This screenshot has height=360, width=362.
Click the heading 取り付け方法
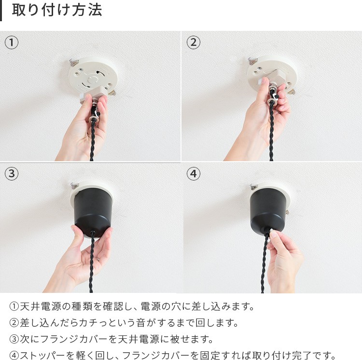[x=57, y=10]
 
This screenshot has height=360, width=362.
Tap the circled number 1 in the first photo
[x=11, y=42]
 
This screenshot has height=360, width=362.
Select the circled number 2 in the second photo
[x=193, y=42]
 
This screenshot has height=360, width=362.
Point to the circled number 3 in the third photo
[x=11, y=174]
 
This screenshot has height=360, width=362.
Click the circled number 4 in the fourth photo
[x=193, y=174]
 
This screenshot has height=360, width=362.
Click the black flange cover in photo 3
[x=93, y=211]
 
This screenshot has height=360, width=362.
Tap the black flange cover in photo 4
[x=268, y=209]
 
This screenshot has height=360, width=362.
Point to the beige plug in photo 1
[x=94, y=95]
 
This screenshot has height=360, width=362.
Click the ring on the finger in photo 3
[x=98, y=259]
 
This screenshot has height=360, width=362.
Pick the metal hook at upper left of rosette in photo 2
[x=252, y=61]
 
